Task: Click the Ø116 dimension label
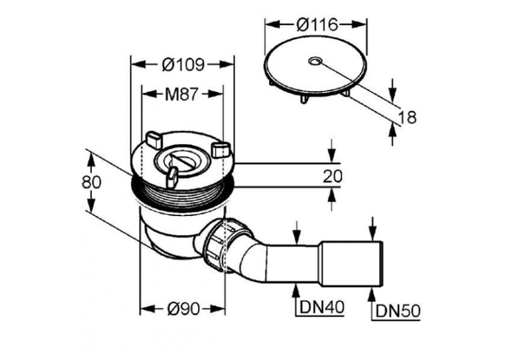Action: tap(317, 25)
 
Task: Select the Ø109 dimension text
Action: tap(183, 65)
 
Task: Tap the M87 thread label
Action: tap(181, 94)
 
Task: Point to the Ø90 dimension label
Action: tap(184, 309)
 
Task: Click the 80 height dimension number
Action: tap(92, 182)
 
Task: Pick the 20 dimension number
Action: tap(333, 176)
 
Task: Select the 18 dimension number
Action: tap(407, 117)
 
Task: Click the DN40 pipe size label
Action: tap(321, 307)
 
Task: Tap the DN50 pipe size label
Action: tap(398, 311)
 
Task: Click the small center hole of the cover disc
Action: tap(314, 61)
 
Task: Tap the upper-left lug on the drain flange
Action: tap(153, 139)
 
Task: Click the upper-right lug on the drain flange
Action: tap(220, 149)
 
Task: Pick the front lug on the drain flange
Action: tap(172, 177)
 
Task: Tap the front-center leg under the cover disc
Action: tap(305, 99)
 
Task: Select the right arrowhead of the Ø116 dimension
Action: tap(359, 25)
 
